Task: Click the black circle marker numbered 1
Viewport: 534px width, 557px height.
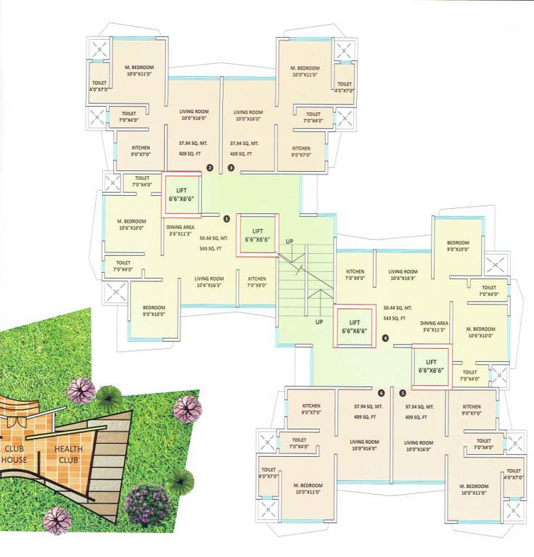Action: (226, 217)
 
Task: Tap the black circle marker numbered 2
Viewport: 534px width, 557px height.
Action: (210, 168)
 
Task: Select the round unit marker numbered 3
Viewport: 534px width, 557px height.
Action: (231, 168)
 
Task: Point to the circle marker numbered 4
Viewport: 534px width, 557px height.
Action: (385, 337)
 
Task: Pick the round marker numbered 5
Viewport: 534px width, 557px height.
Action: (403, 393)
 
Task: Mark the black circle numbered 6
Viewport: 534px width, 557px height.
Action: (381, 393)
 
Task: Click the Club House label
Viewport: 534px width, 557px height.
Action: (14, 454)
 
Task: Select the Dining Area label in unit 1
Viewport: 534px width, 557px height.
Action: (180, 230)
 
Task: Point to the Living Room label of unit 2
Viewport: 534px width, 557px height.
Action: (194, 115)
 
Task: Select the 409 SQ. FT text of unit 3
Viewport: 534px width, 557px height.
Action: (241, 153)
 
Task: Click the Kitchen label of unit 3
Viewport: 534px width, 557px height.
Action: (301, 151)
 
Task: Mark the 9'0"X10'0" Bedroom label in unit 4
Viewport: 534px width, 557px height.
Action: (458, 246)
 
